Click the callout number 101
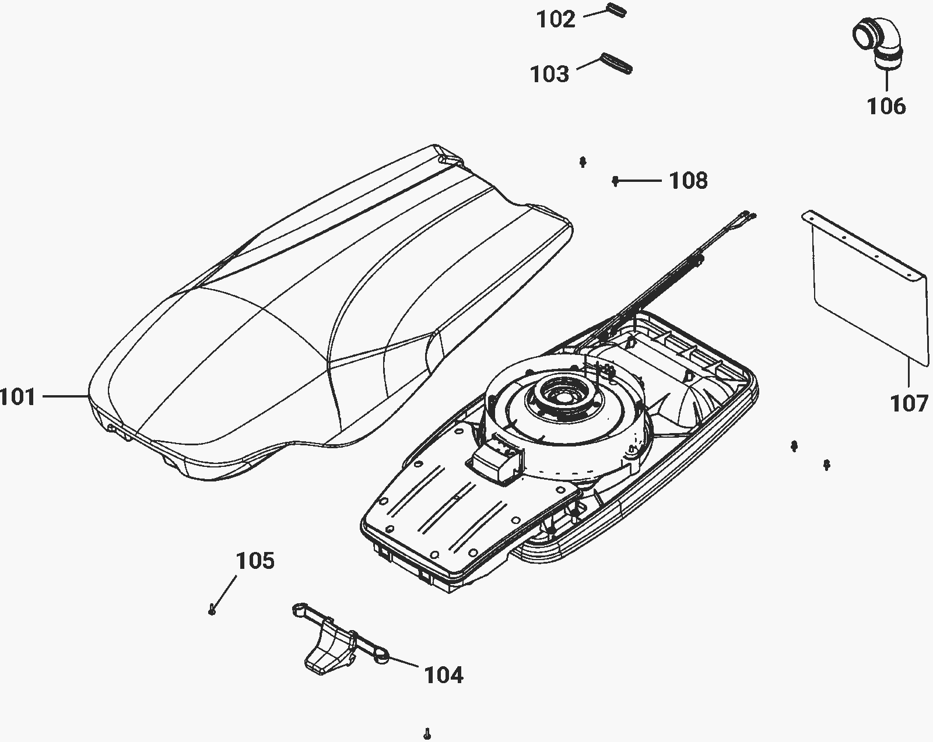(x=17, y=396)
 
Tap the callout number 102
(x=556, y=19)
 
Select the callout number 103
(x=549, y=73)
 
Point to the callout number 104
(x=444, y=675)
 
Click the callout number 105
(x=255, y=560)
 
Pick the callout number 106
(x=886, y=106)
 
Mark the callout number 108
(x=689, y=180)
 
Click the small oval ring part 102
(x=615, y=10)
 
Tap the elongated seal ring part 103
(x=616, y=64)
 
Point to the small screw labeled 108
(x=615, y=181)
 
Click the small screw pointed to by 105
(x=212, y=609)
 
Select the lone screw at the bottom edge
(x=427, y=733)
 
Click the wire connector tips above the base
(x=749, y=215)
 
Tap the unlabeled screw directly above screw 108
(x=583, y=162)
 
